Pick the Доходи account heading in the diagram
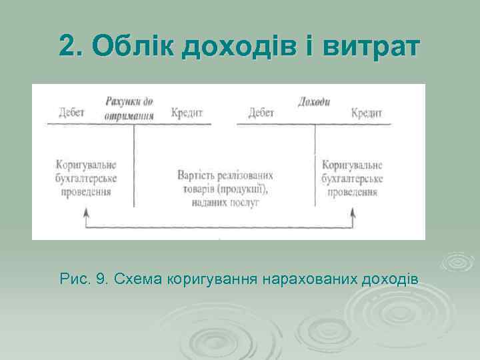(x=313, y=102)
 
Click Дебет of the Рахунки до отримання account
(x=71, y=113)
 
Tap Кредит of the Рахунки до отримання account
(x=187, y=113)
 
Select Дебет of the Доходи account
(x=261, y=113)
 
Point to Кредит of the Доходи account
(x=367, y=113)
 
